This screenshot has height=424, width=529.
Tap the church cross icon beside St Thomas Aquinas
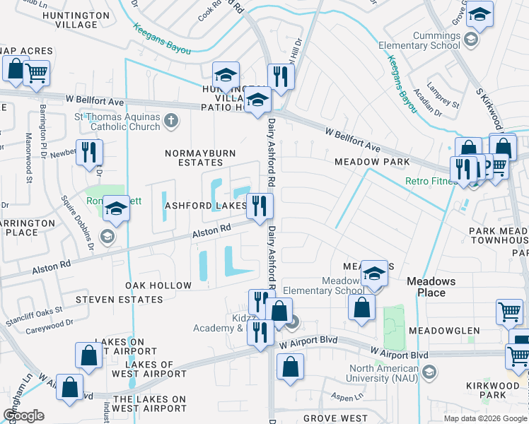[170, 121]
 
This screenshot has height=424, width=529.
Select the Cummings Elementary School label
[422, 40]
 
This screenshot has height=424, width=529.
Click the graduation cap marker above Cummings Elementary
[479, 16]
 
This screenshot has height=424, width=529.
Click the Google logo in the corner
[24, 416]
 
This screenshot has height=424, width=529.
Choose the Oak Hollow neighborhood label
[158, 285]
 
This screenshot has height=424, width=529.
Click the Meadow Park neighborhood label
[372, 162]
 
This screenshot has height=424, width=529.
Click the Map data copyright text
[485, 418]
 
